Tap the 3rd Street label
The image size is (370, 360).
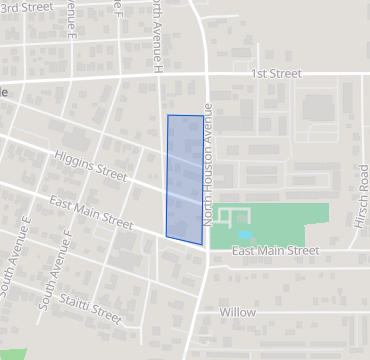click(x=23, y=7)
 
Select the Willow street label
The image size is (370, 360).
click(x=238, y=313)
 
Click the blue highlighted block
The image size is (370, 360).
click(x=185, y=178)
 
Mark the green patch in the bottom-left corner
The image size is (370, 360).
click(x=12, y=353)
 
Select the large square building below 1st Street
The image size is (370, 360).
click(x=318, y=106)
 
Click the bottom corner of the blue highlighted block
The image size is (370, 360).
click(x=201, y=245)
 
